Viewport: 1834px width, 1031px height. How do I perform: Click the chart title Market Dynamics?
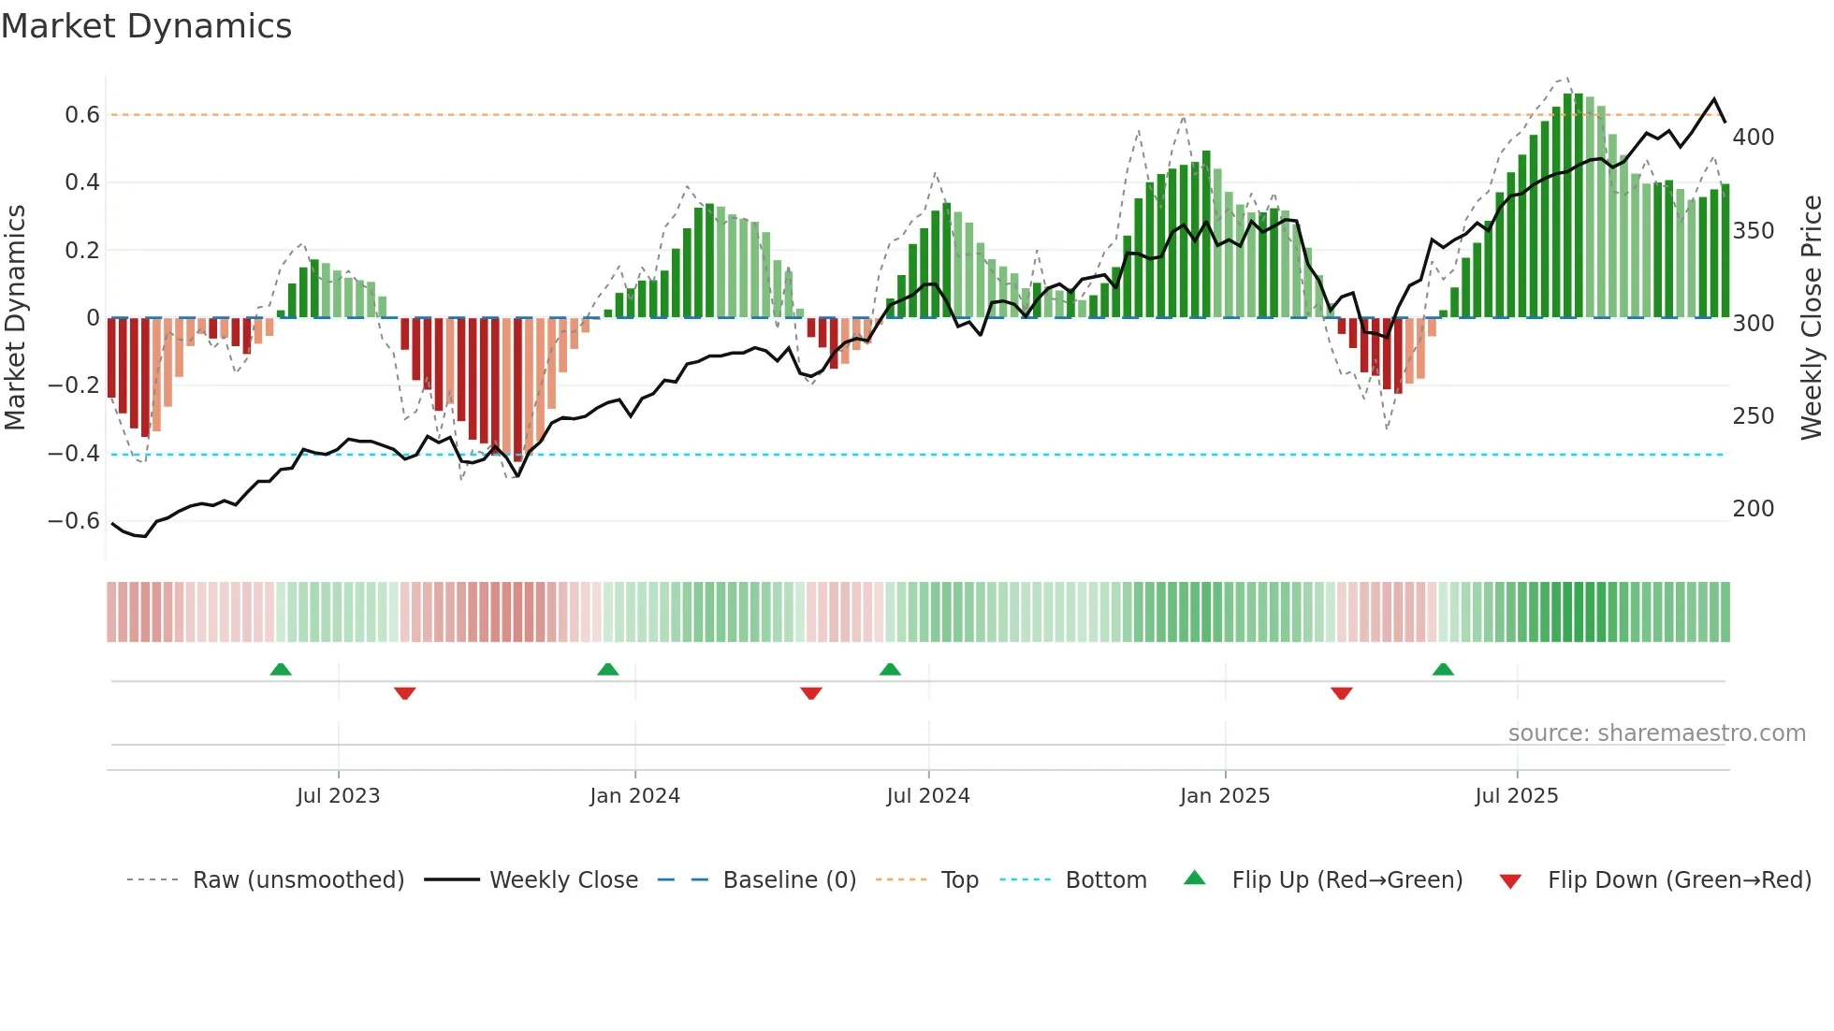pyautogui.click(x=147, y=26)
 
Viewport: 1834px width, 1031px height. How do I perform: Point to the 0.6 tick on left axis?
pyautogui.click(x=82, y=115)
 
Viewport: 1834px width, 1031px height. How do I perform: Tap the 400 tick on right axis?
pyautogui.click(x=1753, y=138)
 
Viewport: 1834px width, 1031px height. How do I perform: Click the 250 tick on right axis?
pyautogui.click(x=1753, y=416)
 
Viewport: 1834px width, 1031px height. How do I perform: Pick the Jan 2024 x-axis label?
pyautogui.click(x=634, y=796)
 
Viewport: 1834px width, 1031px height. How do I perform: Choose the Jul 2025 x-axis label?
pyautogui.click(x=1516, y=796)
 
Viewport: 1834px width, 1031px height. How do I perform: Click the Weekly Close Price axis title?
pyautogui.click(x=1812, y=318)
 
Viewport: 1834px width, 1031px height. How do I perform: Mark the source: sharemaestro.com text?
pyautogui.click(x=1656, y=733)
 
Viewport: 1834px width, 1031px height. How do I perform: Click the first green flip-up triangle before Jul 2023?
pyautogui.click(x=281, y=669)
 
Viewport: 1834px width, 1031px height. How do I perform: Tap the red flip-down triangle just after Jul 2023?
pyautogui.click(x=404, y=693)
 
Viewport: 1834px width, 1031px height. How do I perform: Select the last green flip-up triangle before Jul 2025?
pyautogui.click(x=1443, y=669)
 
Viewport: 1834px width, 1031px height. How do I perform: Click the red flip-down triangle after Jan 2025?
pyautogui.click(x=1341, y=693)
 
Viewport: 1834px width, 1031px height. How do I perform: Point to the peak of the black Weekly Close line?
pyautogui.click(x=1714, y=99)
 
